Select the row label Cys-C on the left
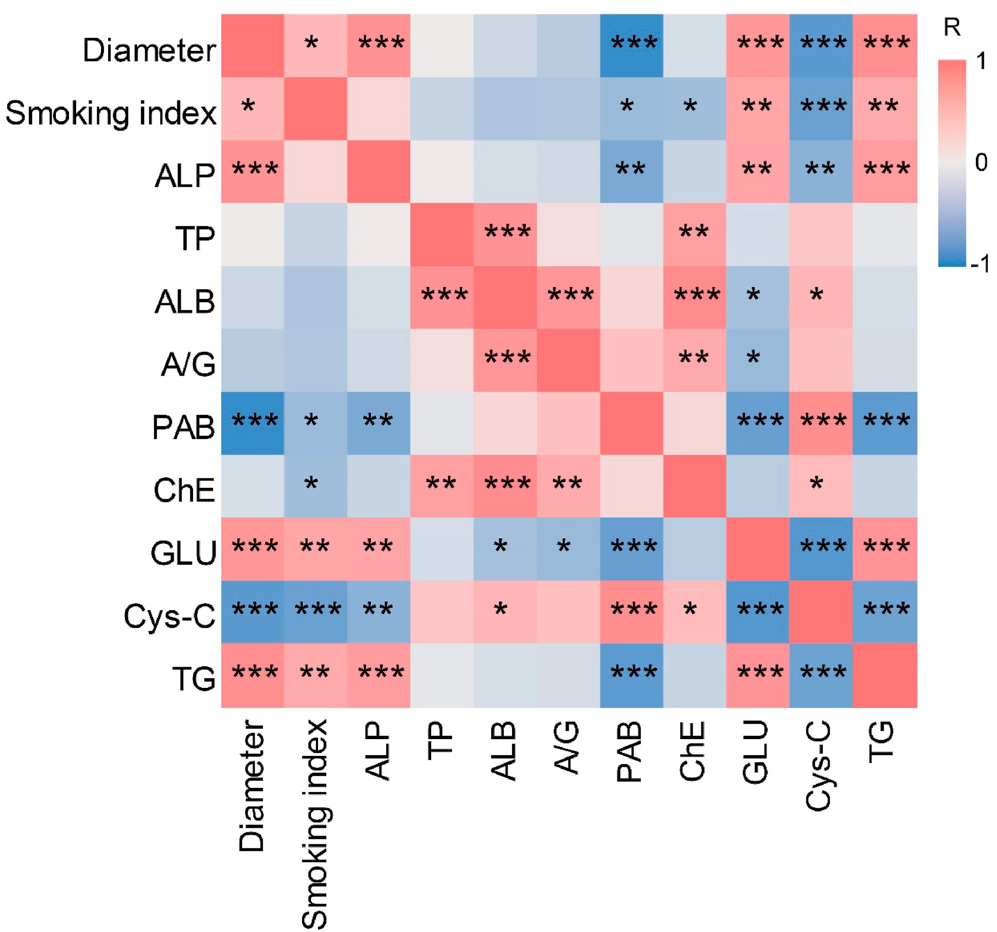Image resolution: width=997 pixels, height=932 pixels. pyautogui.click(x=169, y=616)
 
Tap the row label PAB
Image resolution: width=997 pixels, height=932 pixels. pyautogui.click(x=183, y=427)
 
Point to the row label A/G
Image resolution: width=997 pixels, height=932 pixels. pyautogui.click(x=188, y=364)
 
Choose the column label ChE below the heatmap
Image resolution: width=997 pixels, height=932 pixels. pyautogui.click(x=692, y=751)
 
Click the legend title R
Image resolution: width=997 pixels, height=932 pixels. pyautogui.click(x=952, y=28)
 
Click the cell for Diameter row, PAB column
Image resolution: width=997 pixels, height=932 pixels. pyautogui.click(x=631, y=46)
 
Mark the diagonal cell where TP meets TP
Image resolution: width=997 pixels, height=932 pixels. pyautogui.click(x=442, y=234)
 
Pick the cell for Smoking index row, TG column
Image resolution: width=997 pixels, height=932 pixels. pyautogui.click(x=885, y=109)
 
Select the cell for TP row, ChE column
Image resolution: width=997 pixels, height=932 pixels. pyautogui.click(x=695, y=234)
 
